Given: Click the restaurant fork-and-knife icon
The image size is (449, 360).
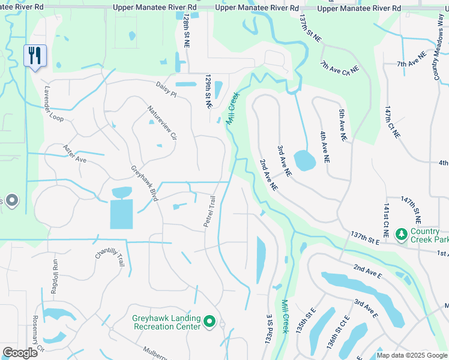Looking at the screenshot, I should coord(34,56).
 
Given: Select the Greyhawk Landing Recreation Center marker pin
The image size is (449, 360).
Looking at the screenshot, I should coord(209,322).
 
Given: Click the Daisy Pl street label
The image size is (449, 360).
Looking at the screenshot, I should coord(166,89).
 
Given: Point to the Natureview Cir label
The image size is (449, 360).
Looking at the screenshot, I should coord(163,123).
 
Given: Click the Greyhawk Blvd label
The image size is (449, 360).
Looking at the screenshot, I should coord(144,183).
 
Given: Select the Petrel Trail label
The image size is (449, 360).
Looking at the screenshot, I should coord(209,211).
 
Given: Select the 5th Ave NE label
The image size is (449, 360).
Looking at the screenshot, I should coord(343,125).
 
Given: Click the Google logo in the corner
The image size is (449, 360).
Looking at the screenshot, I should coord(20,353).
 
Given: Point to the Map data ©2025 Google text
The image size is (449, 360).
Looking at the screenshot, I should coord(411,355).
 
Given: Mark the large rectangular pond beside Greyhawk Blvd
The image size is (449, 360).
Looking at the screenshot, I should coord(121,213).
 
